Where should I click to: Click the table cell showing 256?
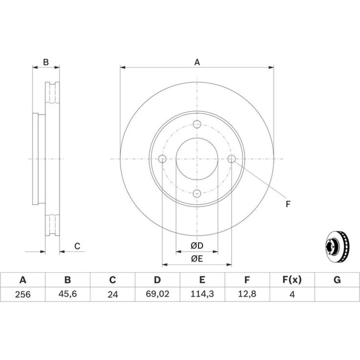click(x=23, y=294)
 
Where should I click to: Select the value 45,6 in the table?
click(x=68, y=294)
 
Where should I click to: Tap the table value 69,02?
click(x=158, y=294)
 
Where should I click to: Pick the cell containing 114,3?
click(x=202, y=294)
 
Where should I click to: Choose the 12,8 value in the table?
click(x=247, y=294)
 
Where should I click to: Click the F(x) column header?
click(x=292, y=280)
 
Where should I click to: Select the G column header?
click(x=337, y=280)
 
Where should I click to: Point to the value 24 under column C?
click(x=112, y=294)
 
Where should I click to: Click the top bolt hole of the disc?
click(x=197, y=124)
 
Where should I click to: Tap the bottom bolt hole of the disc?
click(x=197, y=194)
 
